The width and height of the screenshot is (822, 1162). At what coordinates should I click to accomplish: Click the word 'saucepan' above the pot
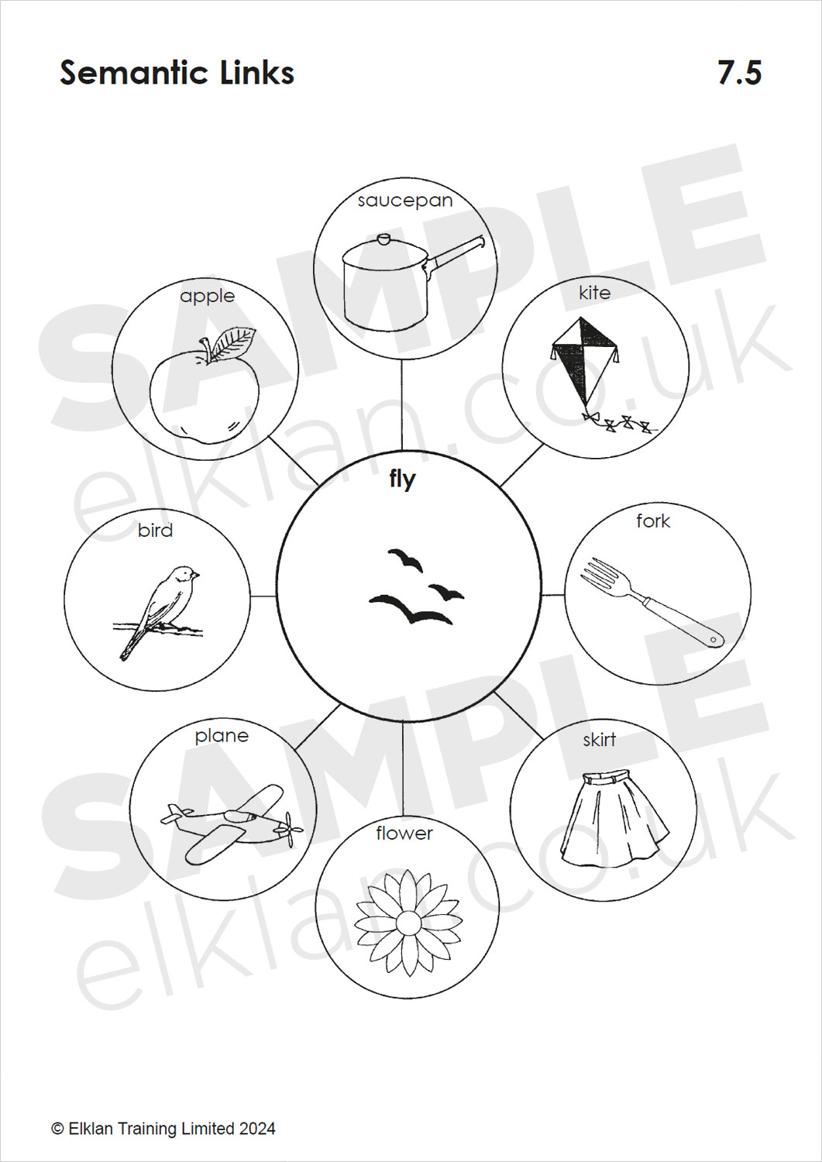coord(404,201)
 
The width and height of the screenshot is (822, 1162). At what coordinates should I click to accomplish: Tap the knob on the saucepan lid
coord(384,239)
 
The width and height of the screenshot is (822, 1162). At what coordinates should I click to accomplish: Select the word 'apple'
coord(207,297)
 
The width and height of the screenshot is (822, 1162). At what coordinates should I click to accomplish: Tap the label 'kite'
coord(595,293)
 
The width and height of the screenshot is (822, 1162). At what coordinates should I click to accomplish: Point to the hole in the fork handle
coord(714,640)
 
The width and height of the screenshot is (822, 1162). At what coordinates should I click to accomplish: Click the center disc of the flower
coord(408,923)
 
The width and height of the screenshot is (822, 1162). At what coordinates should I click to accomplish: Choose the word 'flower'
coord(404,833)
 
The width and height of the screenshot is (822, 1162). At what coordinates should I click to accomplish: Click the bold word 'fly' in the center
coord(403,479)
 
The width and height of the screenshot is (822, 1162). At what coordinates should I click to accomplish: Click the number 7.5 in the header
coord(740,73)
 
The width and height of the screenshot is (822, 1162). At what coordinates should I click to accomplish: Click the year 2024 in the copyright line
coord(257,1129)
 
